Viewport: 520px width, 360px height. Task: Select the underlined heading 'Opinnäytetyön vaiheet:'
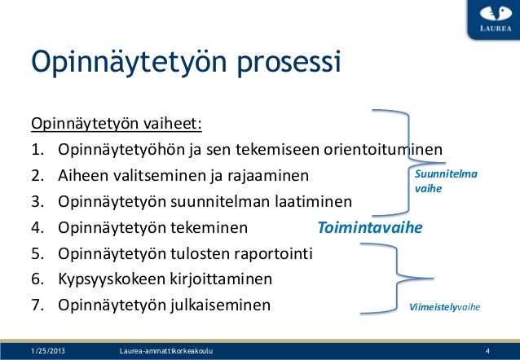(116, 125)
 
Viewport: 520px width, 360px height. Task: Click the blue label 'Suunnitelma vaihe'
(446, 181)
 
